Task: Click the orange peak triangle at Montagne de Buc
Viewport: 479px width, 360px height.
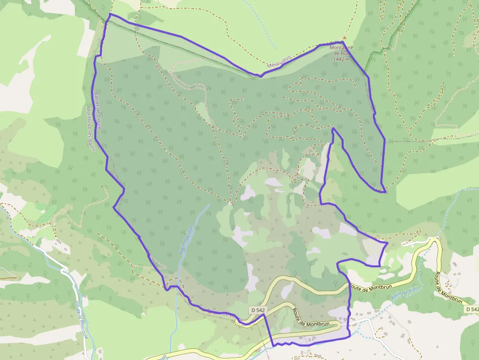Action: (x=344, y=38)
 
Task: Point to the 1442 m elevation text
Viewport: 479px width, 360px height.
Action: (x=342, y=59)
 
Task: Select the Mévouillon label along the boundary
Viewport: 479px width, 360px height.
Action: (x=279, y=62)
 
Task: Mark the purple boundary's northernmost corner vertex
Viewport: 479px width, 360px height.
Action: (x=109, y=14)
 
